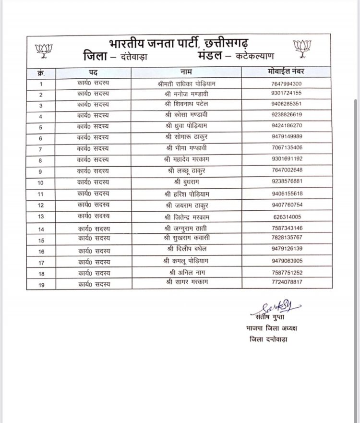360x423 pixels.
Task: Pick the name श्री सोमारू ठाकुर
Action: pyautogui.click(x=185, y=137)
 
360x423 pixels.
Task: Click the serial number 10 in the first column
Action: pyautogui.click(x=41, y=183)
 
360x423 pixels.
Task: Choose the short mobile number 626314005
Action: pyautogui.click(x=285, y=216)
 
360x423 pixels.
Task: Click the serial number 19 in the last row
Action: pyautogui.click(x=41, y=285)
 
